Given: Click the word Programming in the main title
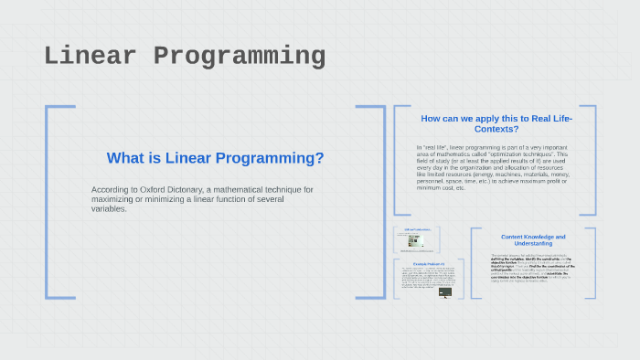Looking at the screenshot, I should pos(240,57).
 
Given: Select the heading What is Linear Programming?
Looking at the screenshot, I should pos(215,158).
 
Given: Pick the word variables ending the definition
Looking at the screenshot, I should pos(108,208).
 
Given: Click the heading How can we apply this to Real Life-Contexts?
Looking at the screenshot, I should pos(495,123).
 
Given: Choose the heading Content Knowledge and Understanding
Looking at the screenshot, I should pos(533,239).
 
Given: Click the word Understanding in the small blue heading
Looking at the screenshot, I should pos(533,244).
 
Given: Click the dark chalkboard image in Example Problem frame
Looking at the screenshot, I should pos(445,292).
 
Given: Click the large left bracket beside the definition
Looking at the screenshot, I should pos(51,201).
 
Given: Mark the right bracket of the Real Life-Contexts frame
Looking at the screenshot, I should pos(592,160).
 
